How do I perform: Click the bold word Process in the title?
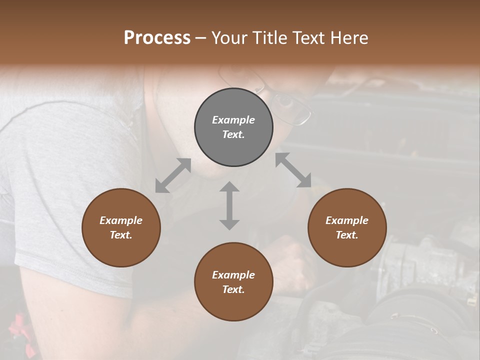coord(157,38)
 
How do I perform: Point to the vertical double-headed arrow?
coord(229,205)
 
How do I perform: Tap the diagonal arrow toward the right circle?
coord(293,170)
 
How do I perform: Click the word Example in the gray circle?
coord(233,120)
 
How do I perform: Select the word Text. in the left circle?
coord(121,235)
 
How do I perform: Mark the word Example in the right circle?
coord(347,220)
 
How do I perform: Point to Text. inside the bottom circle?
coord(233,289)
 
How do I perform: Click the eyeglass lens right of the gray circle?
coord(292,106)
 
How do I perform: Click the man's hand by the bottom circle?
coord(292,260)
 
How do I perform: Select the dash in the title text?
coord(201,38)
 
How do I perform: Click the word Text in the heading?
coord(310,38)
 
